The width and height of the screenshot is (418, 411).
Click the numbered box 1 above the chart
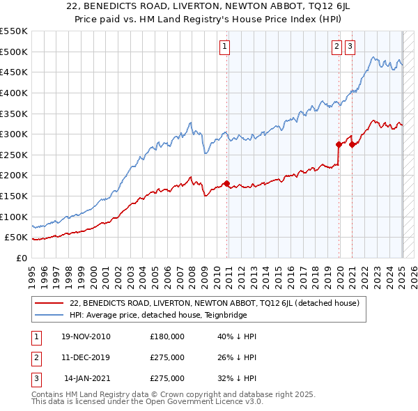[226, 47]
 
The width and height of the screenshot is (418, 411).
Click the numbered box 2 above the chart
[336, 47]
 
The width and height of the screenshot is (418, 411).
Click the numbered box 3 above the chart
[349, 47]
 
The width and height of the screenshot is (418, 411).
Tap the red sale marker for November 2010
[226, 184]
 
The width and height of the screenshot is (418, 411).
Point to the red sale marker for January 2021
[353, 144]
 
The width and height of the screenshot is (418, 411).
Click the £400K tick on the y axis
[13, 93]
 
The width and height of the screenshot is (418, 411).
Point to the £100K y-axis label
[13, 217]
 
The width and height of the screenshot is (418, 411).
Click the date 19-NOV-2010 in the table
[86, 337]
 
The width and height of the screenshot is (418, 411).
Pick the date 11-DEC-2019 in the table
[86, 358]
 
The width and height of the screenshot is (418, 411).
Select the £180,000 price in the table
[167, 337]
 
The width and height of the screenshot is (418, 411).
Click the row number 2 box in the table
[34, 358]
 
